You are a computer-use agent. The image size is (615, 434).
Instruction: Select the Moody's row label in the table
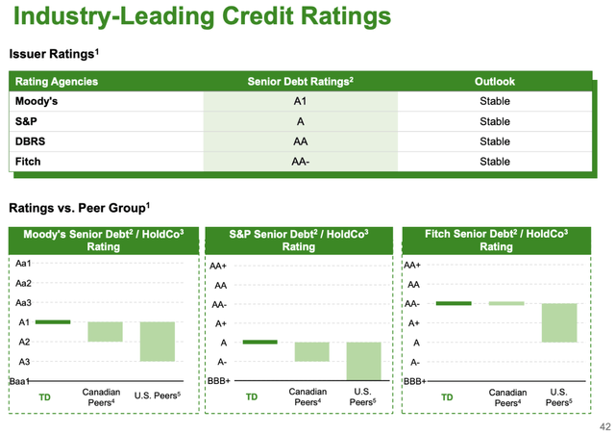tap(37, 101)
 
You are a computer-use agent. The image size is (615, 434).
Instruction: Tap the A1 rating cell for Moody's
tap(299, 101)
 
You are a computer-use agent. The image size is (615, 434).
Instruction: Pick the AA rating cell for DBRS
tap(299, 141)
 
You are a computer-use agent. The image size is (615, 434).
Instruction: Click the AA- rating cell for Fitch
tap(299, 162)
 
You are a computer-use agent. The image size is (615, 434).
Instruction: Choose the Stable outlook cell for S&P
tap(495, 121)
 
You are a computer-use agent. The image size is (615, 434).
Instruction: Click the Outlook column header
tap(495, 82)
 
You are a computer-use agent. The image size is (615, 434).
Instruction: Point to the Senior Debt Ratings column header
tap(300, 82)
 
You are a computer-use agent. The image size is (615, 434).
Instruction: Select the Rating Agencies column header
tap(57, 82)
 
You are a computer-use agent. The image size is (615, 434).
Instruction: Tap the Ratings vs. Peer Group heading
tap(80, 207)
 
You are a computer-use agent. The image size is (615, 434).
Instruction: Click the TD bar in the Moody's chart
tap(53, 321)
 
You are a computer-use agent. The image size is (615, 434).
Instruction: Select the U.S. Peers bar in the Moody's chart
tap(157, 341)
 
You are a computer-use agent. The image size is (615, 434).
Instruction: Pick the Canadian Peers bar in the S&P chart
tap(311, 351)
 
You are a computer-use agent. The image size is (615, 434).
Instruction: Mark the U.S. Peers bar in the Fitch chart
tap(558, 322)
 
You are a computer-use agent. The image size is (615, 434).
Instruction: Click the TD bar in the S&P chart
tap(259, 342)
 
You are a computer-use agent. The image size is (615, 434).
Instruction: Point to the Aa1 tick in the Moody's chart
tap(23, 263)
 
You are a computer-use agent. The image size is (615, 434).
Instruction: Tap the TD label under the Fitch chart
tap(447, 396)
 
